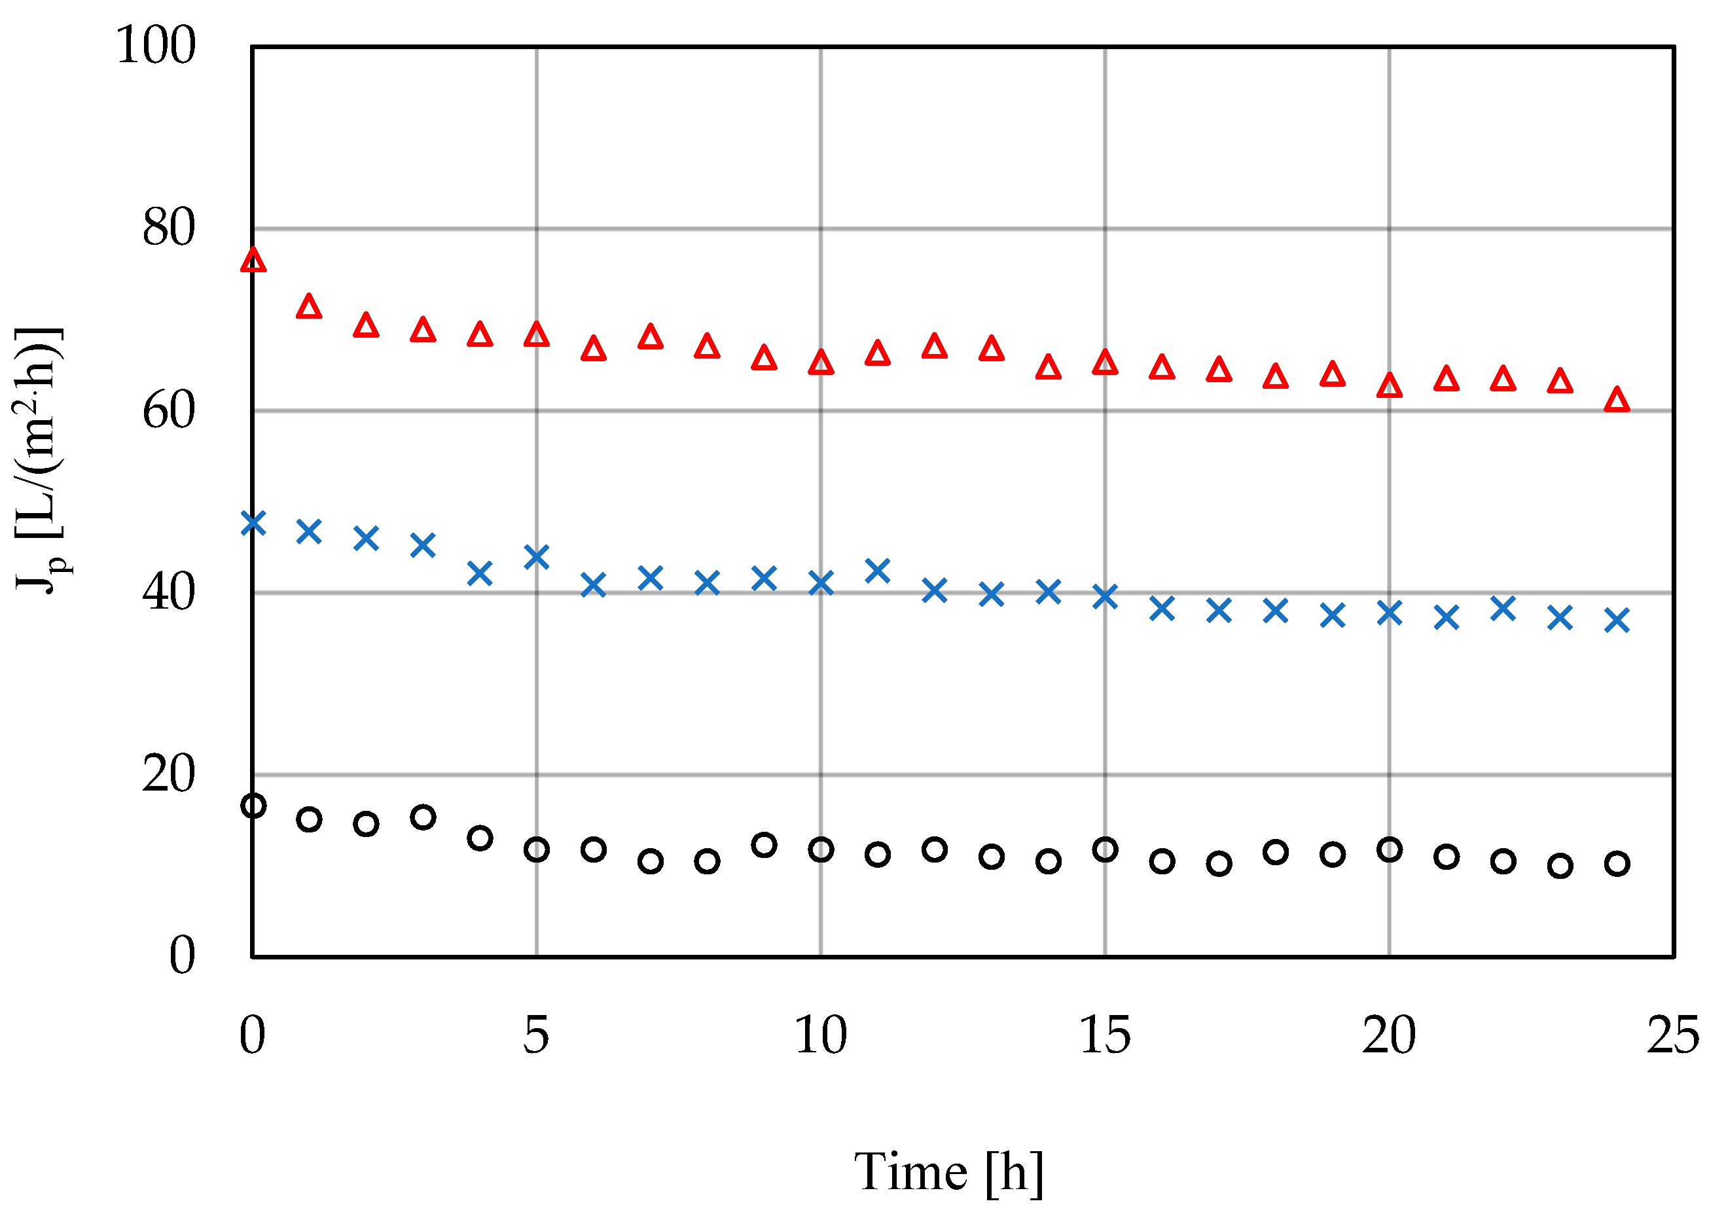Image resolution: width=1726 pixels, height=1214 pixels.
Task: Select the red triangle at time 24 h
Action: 1617,400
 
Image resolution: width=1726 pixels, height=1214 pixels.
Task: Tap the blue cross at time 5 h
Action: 536,557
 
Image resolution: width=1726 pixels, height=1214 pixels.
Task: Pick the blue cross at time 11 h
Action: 877,571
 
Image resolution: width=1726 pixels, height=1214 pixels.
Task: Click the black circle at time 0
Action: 253,806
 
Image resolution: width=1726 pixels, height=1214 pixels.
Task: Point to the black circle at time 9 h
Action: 764,845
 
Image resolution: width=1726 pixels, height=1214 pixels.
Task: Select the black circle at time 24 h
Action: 1617,864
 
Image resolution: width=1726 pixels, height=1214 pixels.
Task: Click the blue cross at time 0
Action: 253,522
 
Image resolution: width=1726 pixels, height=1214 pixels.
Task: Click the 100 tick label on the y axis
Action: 156,45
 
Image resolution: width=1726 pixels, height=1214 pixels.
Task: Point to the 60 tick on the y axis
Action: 168,410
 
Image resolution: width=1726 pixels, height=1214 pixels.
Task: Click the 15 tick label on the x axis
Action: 1104,1035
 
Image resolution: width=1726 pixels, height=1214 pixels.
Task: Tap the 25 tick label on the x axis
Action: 1672,1035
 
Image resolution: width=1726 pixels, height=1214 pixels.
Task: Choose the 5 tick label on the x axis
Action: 536,1035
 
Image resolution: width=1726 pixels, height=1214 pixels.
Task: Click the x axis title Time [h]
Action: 948,1172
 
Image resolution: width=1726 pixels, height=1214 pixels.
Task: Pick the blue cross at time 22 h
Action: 1503,608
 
